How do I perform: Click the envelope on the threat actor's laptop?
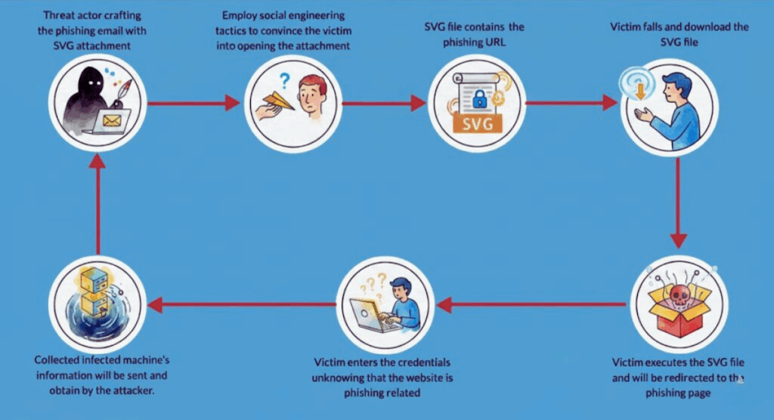(x=112, y=119)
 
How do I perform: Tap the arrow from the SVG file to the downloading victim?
(x=571, y=104)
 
